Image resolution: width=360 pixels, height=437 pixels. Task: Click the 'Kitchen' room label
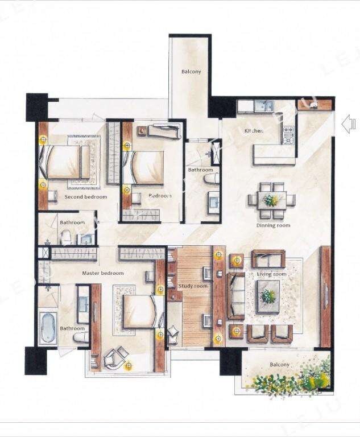254,131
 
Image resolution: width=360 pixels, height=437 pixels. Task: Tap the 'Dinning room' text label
273,225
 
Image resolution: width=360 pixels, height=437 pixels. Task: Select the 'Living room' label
271,274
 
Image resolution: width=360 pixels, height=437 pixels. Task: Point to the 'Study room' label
193,286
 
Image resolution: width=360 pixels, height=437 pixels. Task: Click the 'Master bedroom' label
103,273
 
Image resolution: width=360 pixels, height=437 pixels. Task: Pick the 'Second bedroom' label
86,197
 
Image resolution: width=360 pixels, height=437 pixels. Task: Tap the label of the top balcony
191,72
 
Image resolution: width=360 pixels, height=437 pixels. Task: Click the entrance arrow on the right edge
349,124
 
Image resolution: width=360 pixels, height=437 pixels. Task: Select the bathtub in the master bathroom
48,328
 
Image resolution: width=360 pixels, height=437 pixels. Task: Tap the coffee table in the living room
268,296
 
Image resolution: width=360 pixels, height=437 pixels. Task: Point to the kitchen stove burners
288,135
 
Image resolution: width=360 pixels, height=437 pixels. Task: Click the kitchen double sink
264,106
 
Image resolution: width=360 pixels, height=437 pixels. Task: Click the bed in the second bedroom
65,162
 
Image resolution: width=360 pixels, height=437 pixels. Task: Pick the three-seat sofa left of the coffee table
236,296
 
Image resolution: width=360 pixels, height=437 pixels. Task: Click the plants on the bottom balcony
292,378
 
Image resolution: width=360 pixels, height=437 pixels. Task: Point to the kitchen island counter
274,155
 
